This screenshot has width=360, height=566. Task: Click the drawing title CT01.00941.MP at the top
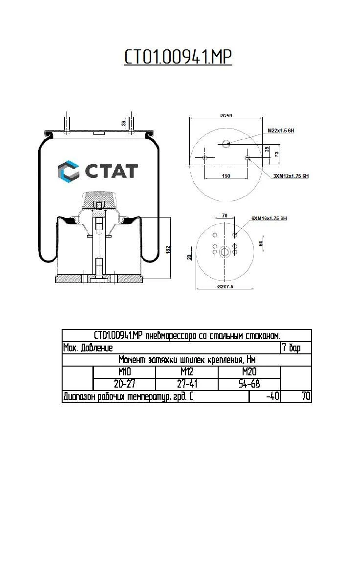tap(178, 57)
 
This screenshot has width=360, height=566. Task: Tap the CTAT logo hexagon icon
tap(68, 171)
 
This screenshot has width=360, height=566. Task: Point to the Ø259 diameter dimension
tap(225, 115)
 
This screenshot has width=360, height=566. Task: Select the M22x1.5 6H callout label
tap(280, 131)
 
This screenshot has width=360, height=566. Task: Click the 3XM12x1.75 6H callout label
tap(291, 175)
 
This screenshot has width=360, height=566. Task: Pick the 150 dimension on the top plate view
tap(226, 176)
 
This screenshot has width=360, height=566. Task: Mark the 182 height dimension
tap(168, 249)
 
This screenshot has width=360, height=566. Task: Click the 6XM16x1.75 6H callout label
tap(269, 218)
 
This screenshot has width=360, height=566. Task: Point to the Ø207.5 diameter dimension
tap(225, 286)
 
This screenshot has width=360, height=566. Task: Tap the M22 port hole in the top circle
tap(225, 143)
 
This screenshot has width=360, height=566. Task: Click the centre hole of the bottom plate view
tap(225, 252)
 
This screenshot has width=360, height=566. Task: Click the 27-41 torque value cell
tap(187, 384)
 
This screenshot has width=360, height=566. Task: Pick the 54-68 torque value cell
tap(249, 384)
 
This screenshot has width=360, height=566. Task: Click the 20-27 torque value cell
tap(124, 384)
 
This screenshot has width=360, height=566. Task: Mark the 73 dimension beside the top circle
tap(277, 154)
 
